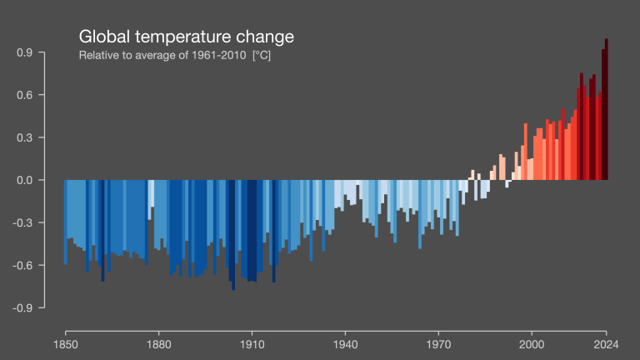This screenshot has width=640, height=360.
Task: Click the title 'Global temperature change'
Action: (x=186, y=37)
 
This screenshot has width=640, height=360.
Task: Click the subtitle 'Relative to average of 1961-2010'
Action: (x=163, y=56)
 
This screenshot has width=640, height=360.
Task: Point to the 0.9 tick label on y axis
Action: (x=24, y=52)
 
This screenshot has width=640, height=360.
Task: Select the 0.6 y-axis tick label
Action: (x=24, y=95)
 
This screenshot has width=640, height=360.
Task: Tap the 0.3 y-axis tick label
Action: (x=24, y=137)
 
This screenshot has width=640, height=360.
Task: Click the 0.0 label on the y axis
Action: (x=24, y=180)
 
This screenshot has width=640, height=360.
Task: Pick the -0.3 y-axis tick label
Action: (x=22, y=222)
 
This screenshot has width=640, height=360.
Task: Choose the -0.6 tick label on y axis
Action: (x=22, y=265)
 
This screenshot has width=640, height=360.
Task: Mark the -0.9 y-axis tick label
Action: (x=22, y=307)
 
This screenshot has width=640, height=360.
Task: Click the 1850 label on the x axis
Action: (x=65, y=343)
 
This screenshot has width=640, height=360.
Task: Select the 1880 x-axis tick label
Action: (x=158, y=343)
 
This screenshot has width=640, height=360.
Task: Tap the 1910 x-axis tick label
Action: (x=252, y=343)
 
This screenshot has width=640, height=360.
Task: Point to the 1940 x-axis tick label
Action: (x=345, y=343)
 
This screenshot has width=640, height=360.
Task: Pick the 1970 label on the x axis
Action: (x=438, y=343)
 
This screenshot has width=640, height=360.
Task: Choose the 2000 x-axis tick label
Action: (x=532, y=343)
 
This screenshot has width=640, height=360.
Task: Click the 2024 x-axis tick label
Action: (x=607, y=343)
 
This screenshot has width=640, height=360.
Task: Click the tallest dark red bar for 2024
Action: (x=607, y=108)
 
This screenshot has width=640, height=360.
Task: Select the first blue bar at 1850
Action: (x=66, y=222)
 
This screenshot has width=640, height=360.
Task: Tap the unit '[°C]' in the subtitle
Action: (x=262, y=56)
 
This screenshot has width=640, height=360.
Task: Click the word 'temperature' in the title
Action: (x=182, y=37)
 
